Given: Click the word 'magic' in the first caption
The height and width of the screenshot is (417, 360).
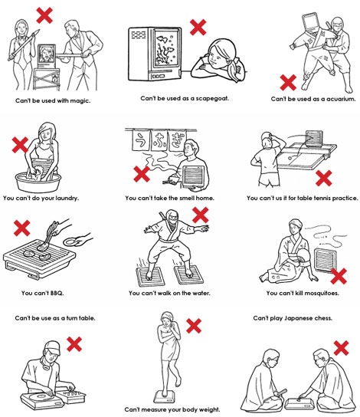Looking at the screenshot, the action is pyautogui.click(x=80, y=100).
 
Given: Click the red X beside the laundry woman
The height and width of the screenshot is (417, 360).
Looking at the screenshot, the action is pyautogui.click(x=20, y=145).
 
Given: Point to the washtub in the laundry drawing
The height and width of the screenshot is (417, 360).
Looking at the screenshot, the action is pyautogui.click(x=38, y=182).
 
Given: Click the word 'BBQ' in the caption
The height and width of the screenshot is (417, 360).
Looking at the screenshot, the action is pyautogui.click(x=57, y=293).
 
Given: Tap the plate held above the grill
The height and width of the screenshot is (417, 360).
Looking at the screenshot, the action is pyautogui.click(x=70, y=241).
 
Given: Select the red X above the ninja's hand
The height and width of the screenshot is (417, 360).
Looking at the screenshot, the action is pyautogui.click(x=201, y=215).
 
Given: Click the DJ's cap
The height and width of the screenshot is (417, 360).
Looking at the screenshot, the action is pyautogui.click(x=52, y=348).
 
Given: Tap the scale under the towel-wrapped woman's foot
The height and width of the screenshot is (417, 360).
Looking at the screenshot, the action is pyautogui.click(x=165, y=398).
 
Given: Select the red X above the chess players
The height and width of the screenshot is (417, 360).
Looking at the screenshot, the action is pyautogui.click(x=341, y=348).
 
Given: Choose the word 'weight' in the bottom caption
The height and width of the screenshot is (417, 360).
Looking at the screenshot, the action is pyautogui.click(x=210, y=409).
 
